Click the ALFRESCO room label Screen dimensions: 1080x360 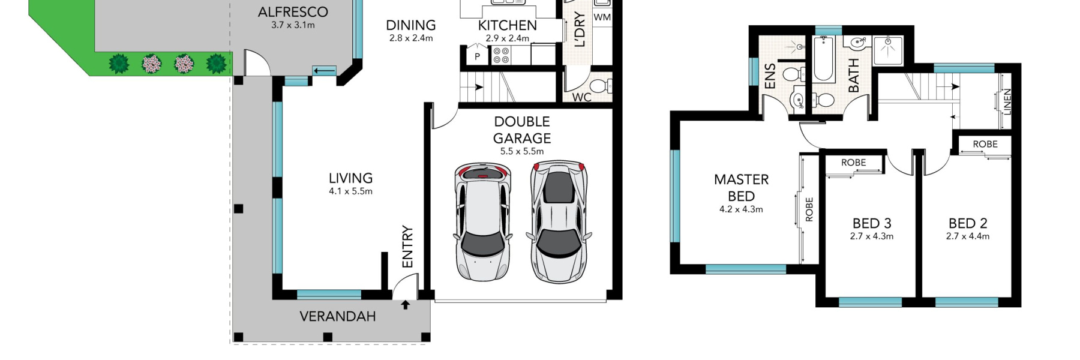(x=293, y=12)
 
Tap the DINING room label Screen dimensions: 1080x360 (x=410, y=25)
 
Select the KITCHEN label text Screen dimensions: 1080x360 (x=507, y=25)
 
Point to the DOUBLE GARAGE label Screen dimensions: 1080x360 (x=522, y=130)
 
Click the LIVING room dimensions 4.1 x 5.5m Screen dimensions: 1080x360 (x=350, y=191)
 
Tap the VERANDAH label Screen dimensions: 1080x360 (x=338, y=316)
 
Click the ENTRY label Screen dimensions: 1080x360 (x=407, y=247)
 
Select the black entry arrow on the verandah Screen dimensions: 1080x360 (x=406, y=305)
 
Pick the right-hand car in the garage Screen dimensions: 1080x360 (x=559, y=221)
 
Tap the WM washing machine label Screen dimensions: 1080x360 (x=602, y=17)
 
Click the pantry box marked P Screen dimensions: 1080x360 (x=478, y=55)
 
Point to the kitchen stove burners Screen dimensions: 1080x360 (x=501, y=56)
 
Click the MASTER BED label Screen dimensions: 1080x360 (x=741, y=188)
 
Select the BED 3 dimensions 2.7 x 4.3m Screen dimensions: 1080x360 (x=871, y=236)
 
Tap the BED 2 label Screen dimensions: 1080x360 (x=968, y=223)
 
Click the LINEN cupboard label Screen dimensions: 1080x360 (x=1007, y=102)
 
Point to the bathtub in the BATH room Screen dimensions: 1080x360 (x=824, y=59)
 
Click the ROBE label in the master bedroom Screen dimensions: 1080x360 (x=809, y=209)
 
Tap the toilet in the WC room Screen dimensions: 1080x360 (x=601, y=86)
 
